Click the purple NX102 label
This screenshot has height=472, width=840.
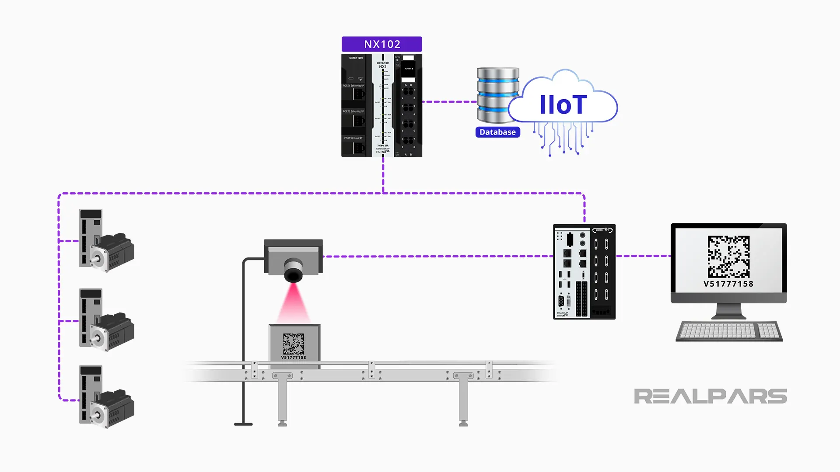381,44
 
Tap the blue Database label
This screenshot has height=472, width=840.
497,132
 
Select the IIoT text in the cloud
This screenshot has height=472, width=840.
563,105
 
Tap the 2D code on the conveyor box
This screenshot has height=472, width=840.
293,344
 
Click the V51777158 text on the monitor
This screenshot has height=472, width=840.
728,284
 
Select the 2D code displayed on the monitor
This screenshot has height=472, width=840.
728,257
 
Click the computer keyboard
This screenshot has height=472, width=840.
729,331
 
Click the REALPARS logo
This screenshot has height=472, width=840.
710,396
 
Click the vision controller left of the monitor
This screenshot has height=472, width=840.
584,272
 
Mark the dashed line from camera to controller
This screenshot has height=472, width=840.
437,257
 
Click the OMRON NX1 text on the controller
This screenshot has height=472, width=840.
383,65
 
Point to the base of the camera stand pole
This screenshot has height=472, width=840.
243,423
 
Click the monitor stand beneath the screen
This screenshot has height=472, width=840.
728,312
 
